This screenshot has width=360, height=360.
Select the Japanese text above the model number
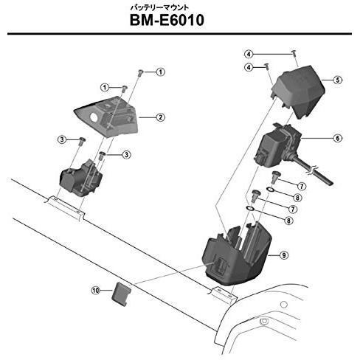[x=159, y=7]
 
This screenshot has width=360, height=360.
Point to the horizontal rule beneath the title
[x=179, y=34]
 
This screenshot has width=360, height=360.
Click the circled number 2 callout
[x=161, y=117]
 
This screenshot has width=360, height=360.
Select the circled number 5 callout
[x=338, y=80]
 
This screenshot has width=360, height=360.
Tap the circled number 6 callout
[x=338, y=138]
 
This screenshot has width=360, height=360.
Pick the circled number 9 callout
[x=284, y=255]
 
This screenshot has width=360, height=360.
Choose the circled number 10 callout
[x=95, y=291]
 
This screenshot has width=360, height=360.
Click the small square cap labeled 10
[x=122, y=294]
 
